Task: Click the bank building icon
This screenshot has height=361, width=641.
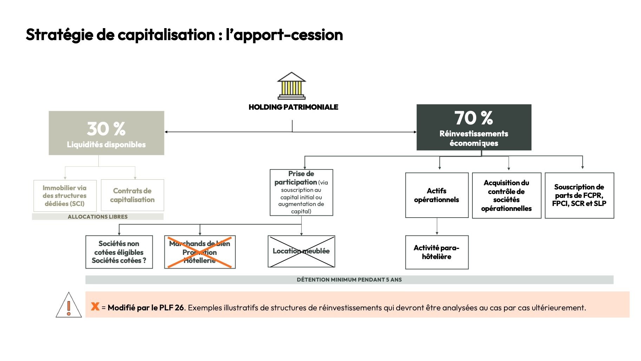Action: tap(292, 86)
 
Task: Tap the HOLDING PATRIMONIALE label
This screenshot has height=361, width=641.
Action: tap(293, 107)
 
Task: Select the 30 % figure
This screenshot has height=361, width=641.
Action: tap(106, 129)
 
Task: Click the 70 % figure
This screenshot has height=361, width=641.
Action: tap(473, 118)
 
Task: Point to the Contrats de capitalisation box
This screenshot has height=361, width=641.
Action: tap(132, 195)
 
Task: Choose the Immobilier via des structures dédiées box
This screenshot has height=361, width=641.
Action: tap(64, 195)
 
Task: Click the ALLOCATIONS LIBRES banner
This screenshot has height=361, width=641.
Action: tap(98, 217)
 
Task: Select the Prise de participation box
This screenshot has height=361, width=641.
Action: tap(301, 192)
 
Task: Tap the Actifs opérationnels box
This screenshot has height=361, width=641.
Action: tap(437, 195)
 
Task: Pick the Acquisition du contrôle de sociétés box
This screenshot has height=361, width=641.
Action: tap(506, 195)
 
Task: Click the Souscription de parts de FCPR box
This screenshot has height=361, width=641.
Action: tap(579, 195)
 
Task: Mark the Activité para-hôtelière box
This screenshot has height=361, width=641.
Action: tap(437, 252)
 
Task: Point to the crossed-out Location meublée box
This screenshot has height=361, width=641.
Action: tap(301, 251)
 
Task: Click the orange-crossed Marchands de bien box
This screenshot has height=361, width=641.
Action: tap(200, 252)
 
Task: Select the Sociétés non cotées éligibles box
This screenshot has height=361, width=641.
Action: tap(119, 252)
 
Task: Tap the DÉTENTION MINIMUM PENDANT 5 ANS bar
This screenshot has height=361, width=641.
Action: tap(349, 280)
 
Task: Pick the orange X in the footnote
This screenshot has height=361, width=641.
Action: tap(95, 307)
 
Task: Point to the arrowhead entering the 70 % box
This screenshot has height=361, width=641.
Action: tap(415, 132)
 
